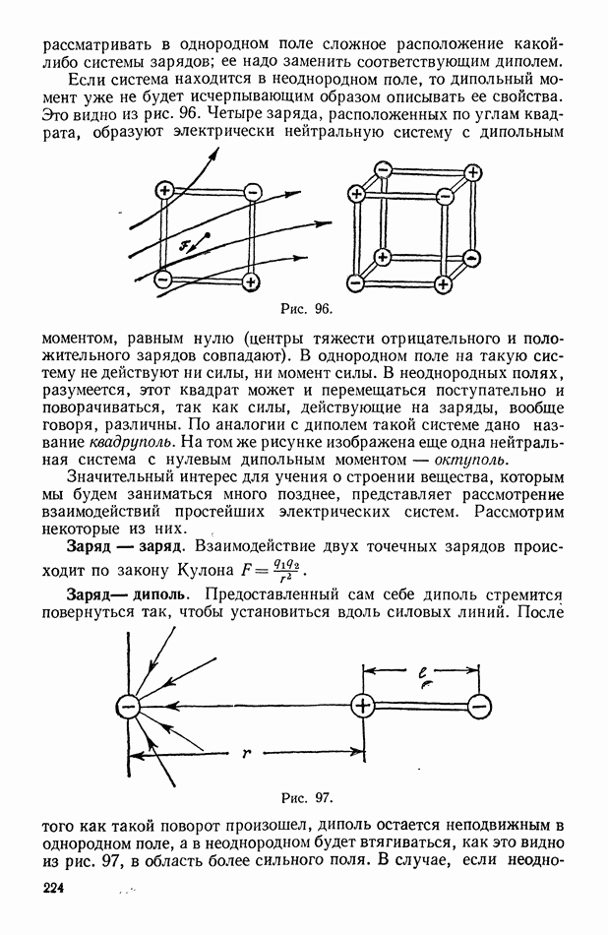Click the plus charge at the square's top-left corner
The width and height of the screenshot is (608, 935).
coord(164,191)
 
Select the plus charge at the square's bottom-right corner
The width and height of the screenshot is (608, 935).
coord(252,281)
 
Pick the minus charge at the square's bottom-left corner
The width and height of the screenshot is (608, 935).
coord(163,280)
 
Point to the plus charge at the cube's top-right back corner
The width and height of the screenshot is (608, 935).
coord(473,173)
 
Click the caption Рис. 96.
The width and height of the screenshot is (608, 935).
coord(304,309)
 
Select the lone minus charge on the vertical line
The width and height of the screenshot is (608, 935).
coord(127,705)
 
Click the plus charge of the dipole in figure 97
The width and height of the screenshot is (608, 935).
coord(362,705)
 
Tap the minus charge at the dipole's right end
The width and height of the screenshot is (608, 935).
coord(480,705)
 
